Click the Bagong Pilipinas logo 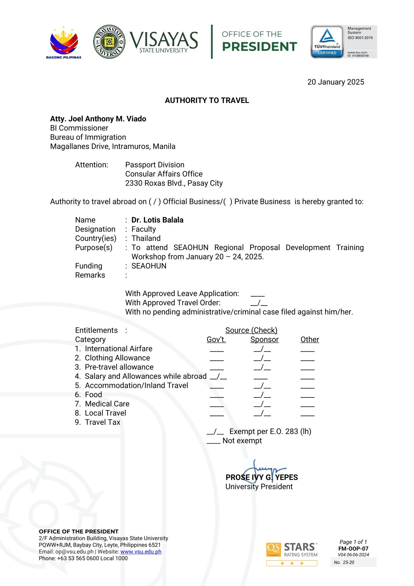point(64,42)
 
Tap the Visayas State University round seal point(109,42)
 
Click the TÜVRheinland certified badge point(327,42)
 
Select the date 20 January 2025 point(336,82)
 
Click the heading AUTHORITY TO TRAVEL point(207,101)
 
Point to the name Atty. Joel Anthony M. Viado point(98,119)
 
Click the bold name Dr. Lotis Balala point(157,220)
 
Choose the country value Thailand point(146,238)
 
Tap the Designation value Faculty point(144,229)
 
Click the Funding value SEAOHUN point(149,266)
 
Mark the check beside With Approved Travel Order point(259,303)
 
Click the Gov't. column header point(216,340)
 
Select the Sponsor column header point(264,340)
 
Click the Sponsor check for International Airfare point(262,349)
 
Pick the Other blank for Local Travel point(307,414)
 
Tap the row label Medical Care point(107,404)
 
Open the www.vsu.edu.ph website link point(141,552)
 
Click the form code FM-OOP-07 point(353,549)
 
